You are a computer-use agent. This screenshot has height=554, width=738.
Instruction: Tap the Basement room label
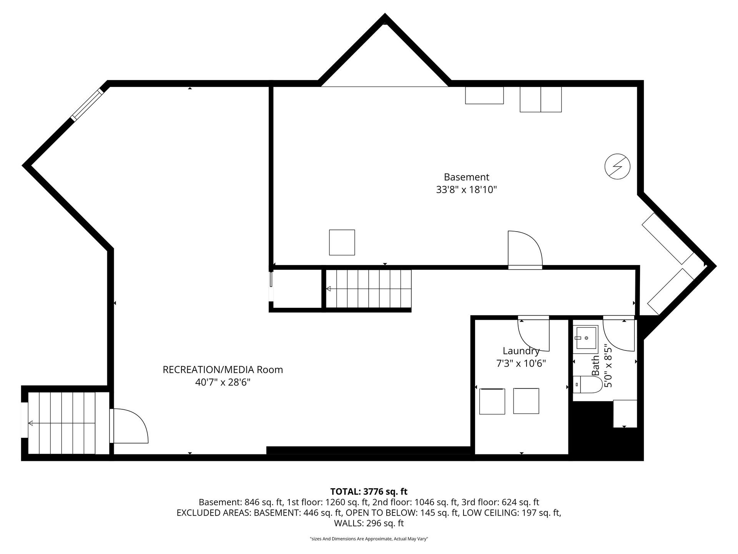coord(466,177)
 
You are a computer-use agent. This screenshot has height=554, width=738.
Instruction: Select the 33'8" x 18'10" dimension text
coord(466,190)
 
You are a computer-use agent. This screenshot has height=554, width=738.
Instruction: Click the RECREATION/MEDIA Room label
coord(223,370)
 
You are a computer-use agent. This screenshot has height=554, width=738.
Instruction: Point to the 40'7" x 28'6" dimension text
coord(223,382)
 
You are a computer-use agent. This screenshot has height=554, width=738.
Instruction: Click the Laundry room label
coord(521,351)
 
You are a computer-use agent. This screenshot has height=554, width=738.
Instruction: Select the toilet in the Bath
coord(587,385)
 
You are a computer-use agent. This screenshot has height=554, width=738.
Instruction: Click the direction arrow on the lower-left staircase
coord(61,423)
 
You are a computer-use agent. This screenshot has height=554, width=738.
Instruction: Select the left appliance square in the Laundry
coord(492,401)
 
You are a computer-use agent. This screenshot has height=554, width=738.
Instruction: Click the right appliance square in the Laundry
coord(526,401)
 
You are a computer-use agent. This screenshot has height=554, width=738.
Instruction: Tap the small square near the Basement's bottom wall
coord(342,242)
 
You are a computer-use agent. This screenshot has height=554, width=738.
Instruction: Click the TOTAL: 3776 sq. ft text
coord(369,491)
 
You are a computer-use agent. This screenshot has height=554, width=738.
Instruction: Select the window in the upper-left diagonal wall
coord(87,105)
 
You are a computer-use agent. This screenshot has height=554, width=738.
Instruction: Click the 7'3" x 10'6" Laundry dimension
coord(521,364)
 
